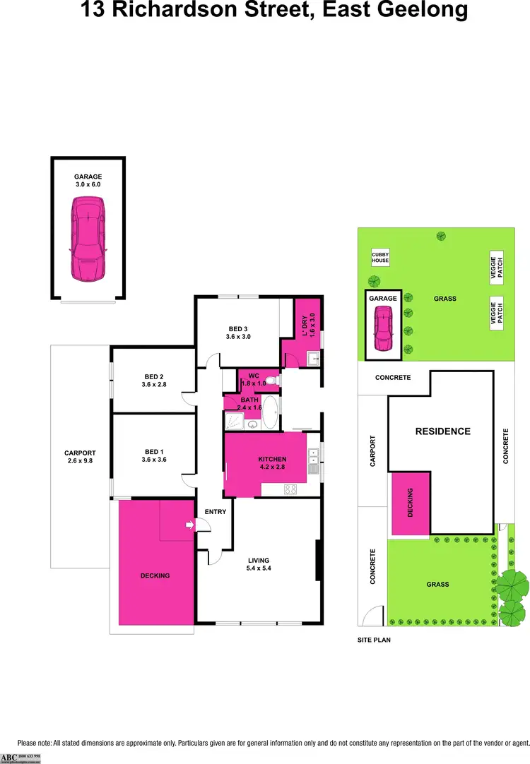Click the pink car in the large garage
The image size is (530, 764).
(87, 237)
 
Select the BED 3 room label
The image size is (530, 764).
(238, 333)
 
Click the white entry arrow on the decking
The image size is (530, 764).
(189, 525)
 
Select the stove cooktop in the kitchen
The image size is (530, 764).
(290, 489)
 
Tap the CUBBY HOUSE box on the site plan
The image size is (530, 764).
(381, 258)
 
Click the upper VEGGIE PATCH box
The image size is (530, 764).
(497, 268)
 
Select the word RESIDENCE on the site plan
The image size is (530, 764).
(442, 431)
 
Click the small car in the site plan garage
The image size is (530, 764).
(383, 330)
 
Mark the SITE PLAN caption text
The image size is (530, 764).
(374, 640)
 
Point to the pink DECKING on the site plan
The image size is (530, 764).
(410, 502)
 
